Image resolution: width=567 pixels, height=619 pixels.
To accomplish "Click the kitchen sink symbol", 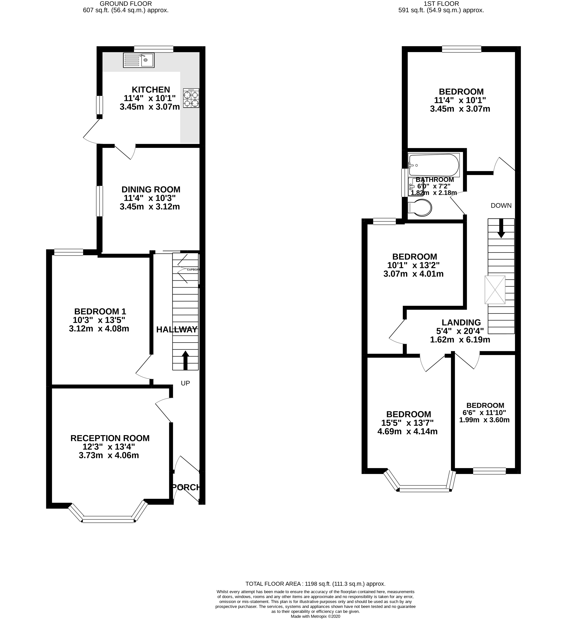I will (x=139, y=60).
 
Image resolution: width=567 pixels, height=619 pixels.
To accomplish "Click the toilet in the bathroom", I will (x=420, y=208).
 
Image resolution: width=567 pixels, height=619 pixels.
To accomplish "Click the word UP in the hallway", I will (x=185, y=383).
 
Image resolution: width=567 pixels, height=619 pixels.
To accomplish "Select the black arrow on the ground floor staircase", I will (x=185, y=361).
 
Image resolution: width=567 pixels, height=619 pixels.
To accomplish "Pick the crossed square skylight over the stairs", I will (x=495, y=290).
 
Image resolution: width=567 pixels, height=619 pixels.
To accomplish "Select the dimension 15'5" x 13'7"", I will (x=407, y=423).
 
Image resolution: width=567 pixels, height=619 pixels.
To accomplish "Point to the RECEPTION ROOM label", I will (x=110, y=438).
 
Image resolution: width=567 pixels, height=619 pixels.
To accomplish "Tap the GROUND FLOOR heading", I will (x=126, y=4).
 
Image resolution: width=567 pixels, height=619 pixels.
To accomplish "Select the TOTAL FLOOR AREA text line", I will (x=315, y=584).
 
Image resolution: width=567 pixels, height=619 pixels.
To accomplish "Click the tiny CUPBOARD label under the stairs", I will (x=193, y=270).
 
